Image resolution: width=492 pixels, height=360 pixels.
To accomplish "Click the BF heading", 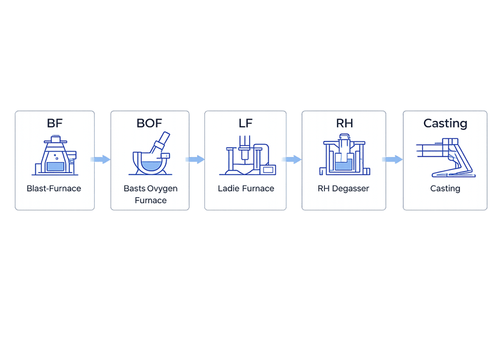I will pyautogui.click(x=55, y=123).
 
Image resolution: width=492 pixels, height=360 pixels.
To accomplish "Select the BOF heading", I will pyautogui.click(x=149, y=123).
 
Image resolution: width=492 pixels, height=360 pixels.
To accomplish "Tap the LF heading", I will pyautogui.click(x=245, y=123).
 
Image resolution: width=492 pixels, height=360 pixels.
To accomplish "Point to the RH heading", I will pyautogui.click(x=344, y=123).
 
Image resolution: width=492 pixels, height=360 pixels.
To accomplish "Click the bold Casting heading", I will pyautogui.click(x=445, y=123).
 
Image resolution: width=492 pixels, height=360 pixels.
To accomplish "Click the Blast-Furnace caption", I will pyautogui.click(x=54, y=189).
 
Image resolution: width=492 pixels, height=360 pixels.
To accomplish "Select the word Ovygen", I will pyautogui.click(x=163, y=189).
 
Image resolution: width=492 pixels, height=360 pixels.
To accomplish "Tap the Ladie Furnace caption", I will pyautogui.click(x=246, y=189).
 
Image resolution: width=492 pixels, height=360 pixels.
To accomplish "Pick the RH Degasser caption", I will pyautogui.click(x=343, y=189).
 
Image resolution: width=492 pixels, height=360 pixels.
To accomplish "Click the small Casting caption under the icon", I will pyautogui.click(x=445, y=189).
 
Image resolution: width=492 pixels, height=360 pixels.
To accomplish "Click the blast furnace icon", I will pyautogui.click(x=55, y=156).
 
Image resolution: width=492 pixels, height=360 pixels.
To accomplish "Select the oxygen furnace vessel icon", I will pyautogui.click(x=151, y=155).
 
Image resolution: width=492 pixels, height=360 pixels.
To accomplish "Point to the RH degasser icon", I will pyautogui.click(x=344, y=156).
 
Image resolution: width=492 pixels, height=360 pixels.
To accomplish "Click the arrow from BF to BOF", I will pyautogui.click(x=101, y=160).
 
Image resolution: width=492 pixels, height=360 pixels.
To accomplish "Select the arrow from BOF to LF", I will pyautogui.click(x=195, y=160).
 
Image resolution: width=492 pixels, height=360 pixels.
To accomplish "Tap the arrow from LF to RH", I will pyautogui.click(x=292, y=160).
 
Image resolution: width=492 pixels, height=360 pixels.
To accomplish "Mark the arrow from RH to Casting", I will pyautogui.click(x=392, y=160).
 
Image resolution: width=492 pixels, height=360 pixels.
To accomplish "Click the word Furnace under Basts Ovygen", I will pyautogui.click(x=151, y=200).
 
